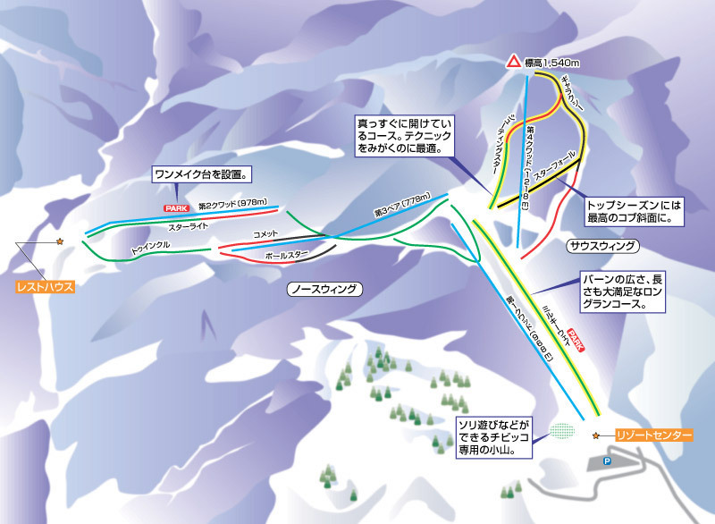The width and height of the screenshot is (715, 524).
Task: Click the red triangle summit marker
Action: (x=513, y=62)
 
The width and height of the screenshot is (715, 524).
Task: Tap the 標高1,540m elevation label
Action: (x=552, y=62)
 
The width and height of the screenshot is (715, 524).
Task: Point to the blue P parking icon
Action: (x=606, y=461)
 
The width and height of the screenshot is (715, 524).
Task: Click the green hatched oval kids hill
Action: (x=562, y=429)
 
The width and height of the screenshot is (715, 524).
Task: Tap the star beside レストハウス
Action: (x=60, y=241)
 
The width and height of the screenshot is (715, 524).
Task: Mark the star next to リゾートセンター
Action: (x=597, y=435)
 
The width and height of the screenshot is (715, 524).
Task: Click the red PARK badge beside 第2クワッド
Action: (x=172, y=207)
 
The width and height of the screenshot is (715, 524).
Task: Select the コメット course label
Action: (x=266, y=234)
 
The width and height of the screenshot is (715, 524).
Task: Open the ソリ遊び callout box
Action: (x=493, y=436)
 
